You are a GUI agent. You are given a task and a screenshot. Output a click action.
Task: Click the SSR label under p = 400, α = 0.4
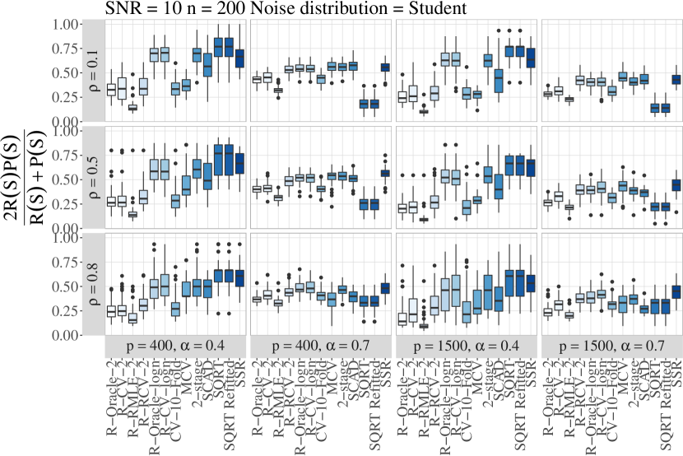pos(240,366)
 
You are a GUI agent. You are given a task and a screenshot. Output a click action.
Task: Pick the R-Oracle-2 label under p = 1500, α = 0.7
pos(548,398)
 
